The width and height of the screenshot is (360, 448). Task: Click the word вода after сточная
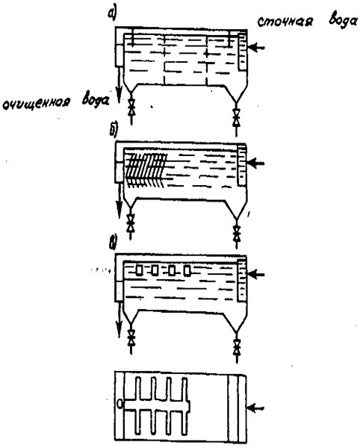343,21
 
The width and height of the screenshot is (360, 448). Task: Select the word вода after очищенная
96,100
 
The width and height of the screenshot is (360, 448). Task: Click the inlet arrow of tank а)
257,48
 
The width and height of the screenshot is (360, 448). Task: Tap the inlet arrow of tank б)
256,163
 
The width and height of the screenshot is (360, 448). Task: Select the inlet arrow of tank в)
256,274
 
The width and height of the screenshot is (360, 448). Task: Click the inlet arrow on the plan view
256,408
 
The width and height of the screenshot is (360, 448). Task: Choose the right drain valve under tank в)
237,346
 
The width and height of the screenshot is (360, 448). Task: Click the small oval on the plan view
120,403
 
